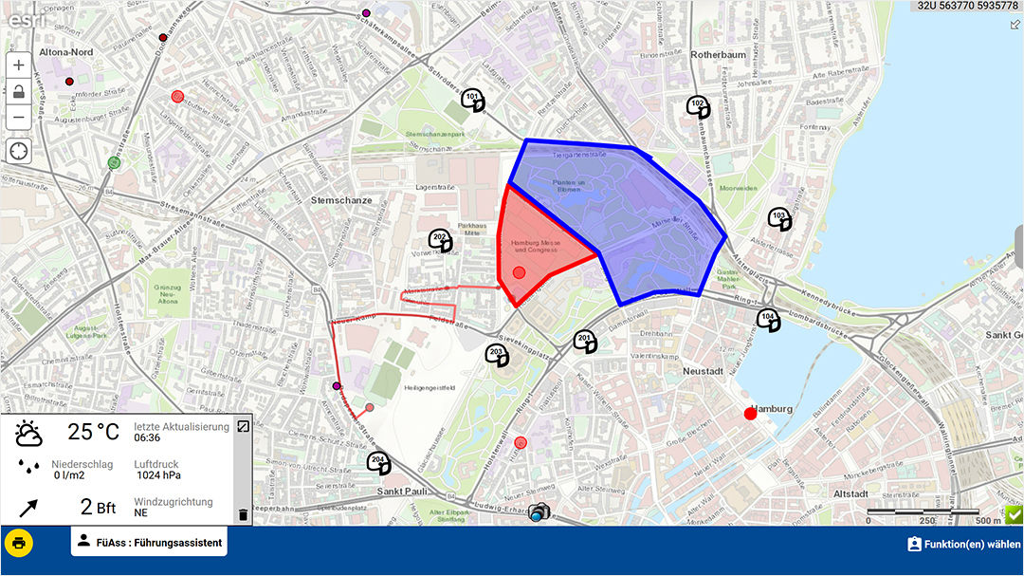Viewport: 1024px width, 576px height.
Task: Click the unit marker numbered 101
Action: (x=473, y=100)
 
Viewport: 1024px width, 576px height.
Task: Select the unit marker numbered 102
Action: (x=698, y=106)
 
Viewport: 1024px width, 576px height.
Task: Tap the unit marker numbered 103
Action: (x=779, y=218)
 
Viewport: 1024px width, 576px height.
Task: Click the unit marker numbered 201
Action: (x=586, y=341)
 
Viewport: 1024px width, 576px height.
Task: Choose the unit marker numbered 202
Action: (x=440, y=240)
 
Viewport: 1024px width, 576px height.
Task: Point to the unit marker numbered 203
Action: (x=496, y=356)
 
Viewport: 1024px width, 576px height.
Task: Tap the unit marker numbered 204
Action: (x=379, y=463)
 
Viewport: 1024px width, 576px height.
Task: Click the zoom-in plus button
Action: (x=19, y=65)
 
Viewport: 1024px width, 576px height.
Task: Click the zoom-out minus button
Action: (x=19, y=118)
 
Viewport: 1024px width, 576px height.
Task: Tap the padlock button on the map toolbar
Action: (x=19, y=92)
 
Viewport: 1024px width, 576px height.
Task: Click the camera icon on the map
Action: (x=539, y=512)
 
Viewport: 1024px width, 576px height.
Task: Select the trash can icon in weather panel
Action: (x=243, y=514)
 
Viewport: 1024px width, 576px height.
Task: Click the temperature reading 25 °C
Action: (x=93, y=433)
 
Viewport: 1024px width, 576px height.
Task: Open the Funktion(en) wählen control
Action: (x=963, y=544)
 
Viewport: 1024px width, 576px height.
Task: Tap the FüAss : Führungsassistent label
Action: (x=149, y=543)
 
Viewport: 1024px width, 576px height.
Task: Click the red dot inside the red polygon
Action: (x=519, y=273)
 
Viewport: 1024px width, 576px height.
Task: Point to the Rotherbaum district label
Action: (x=719, y=55)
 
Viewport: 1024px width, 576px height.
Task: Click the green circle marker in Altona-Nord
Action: (x=115, y=163)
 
